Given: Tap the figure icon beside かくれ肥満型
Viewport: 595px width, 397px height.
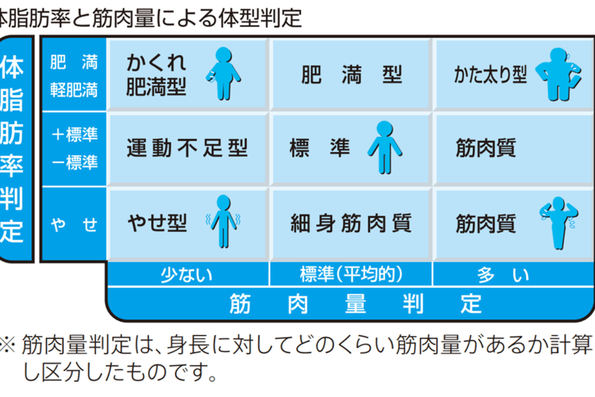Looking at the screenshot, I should (x=223, y=73).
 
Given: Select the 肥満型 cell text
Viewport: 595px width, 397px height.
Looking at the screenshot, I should (x=352, y=76).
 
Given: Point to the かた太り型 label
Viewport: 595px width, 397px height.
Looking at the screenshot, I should (x=490, y=76).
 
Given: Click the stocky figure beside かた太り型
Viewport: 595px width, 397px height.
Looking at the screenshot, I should (x=557, y=73).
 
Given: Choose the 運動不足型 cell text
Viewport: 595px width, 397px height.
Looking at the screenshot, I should (x=187, y=149).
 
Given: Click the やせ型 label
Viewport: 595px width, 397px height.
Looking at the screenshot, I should (x=157, y=222).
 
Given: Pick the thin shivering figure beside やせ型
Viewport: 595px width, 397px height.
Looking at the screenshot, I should (x=223, y=221).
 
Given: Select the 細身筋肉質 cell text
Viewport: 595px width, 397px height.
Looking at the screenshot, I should (x=351, y=223).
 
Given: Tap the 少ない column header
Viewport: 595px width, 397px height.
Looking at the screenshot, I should (x=187, y=274).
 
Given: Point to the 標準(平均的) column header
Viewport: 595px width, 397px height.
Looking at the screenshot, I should (x=351, y=274).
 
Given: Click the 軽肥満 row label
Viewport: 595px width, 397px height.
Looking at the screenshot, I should (x=74, y=91).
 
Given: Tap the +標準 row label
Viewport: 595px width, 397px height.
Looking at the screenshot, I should (x=74, y=135).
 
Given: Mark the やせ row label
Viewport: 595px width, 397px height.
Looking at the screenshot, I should (x=74, y=224).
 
